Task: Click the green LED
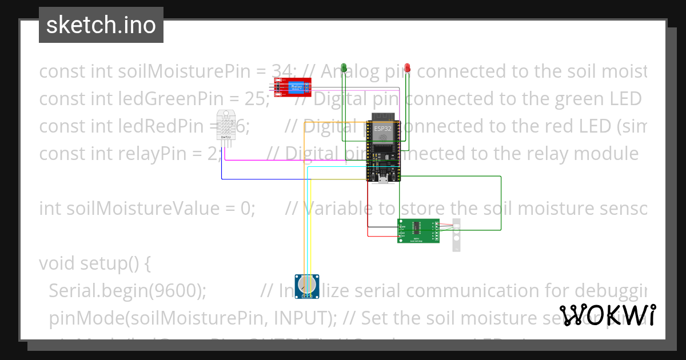(344, 68)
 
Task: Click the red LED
(407, 68)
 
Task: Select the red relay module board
(290, 86)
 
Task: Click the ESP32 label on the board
(383, 129)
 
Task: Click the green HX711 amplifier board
(418, 231)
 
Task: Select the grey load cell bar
(456, 235)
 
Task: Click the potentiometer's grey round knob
(307, 284)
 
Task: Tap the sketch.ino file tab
(101, 25)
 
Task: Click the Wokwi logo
(608, 315)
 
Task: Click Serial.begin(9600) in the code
(127, 290)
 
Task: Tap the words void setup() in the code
(95, 263)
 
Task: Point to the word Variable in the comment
(341, 209)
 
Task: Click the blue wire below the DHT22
(263, 179)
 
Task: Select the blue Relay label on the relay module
(296, 86)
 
